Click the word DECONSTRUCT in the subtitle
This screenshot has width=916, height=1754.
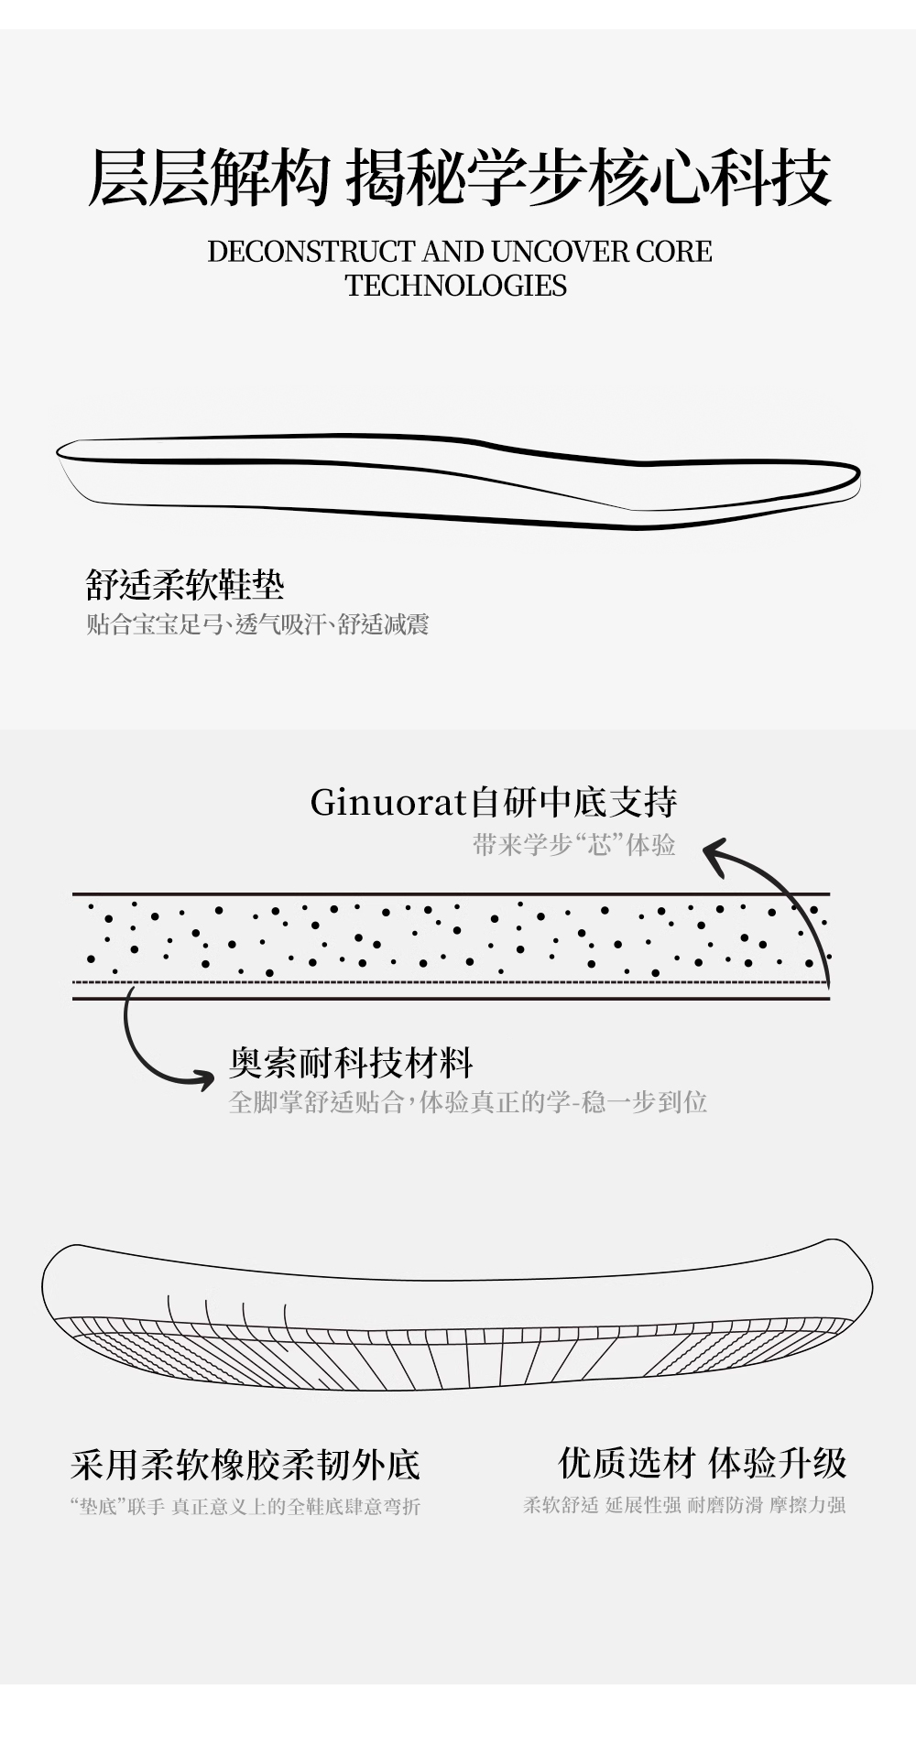pyautogui.click(x=311, y=252)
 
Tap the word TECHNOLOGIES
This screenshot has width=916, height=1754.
pyautogui.click(x=456, y=286)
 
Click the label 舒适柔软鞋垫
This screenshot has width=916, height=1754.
pyautogui.click(x=185, y=584)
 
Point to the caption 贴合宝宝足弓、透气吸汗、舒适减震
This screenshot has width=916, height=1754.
pyautogui.click(x=257, y=625)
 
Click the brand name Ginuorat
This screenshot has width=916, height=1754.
pyautogui.click(x=388, y=803)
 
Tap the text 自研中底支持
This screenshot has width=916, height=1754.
pyautogui.click(x=573, y=803)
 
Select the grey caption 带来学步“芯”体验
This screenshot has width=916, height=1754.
pyautogui.click(x=574, y=844)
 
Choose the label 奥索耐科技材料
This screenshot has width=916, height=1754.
pyautogui.click(x=351, y=1063)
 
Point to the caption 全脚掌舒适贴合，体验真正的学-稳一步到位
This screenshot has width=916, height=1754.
pyautogui.click(x=467, y=1101)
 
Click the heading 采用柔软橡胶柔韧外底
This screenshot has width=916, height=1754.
pyautogui.click(x=245, y=1465)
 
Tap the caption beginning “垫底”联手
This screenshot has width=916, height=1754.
pyautogui.click(x=245, y=1506)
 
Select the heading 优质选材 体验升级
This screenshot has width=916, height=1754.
pyautogui.click(x=703, y=1463)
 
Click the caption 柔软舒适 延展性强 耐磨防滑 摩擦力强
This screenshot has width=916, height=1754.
pyautogui.click(x=684, y=1504)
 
